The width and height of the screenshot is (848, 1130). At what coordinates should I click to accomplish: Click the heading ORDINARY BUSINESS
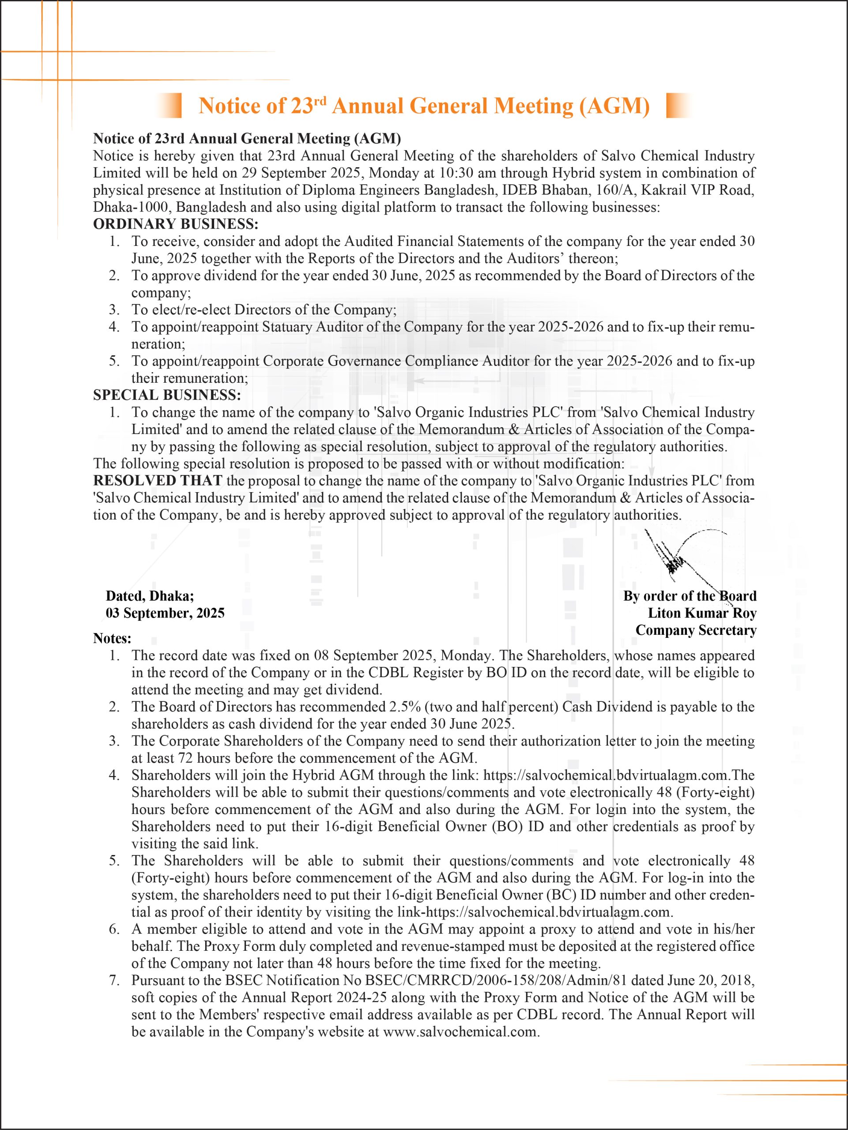coord(175,224)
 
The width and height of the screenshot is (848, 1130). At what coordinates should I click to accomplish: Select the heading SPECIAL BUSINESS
coord(166,395)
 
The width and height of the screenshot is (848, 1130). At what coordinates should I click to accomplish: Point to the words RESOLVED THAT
coord(157,481)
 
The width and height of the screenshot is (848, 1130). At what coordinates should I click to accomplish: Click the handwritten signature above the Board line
coord(679,559)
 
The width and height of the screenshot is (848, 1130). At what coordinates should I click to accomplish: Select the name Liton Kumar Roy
coord(702,613)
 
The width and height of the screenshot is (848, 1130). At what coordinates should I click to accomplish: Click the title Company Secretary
coord(696,630)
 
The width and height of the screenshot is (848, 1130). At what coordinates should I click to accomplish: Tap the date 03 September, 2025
coord(165,613)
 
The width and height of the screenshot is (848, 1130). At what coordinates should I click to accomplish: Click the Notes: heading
coord(112,639)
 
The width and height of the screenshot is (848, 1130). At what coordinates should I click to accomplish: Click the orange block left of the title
coord(170,106)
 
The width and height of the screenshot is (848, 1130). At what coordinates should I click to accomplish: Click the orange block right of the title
coord(678,106)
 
